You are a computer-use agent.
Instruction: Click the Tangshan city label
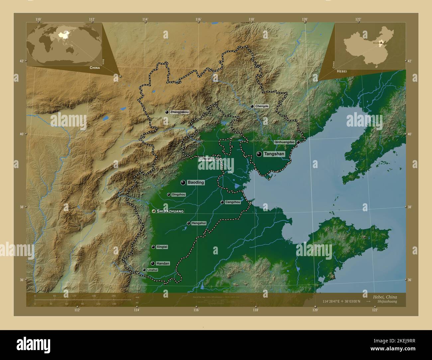pyautogui.click(x=274, y=154)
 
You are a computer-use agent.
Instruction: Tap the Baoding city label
pyautogui.click(x=196, y=183)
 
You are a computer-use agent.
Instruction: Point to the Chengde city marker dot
pyautogui.click(x=252, y=106)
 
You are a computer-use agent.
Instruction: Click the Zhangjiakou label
pyautogui.click(x=179, y=112)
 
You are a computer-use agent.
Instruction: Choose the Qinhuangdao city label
pyautogui.click(x=284, y=142)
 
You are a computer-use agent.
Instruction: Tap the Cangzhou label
pyautogui.click(x=233, y=202)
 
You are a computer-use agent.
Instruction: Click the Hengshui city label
pyautogui.click(x=199, y=223)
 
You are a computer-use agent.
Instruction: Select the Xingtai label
pyautogui.click(x=162, y=247)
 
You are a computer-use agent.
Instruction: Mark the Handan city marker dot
pyautogui.click(x=153, y=263)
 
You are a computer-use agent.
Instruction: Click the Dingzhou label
pyautogui.click(x=179, y=195)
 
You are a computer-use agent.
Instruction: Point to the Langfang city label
pyautogui.click(x=206, y=159)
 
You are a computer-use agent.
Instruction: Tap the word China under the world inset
pyautogui.click(x=94, y=68)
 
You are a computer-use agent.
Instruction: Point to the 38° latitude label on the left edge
pyautogui.click(x=22, y=207)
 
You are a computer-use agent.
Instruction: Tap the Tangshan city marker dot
pyautogui.click(x=259, y=154)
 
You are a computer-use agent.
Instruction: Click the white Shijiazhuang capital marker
pyautogui.click(x=154, y=211)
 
